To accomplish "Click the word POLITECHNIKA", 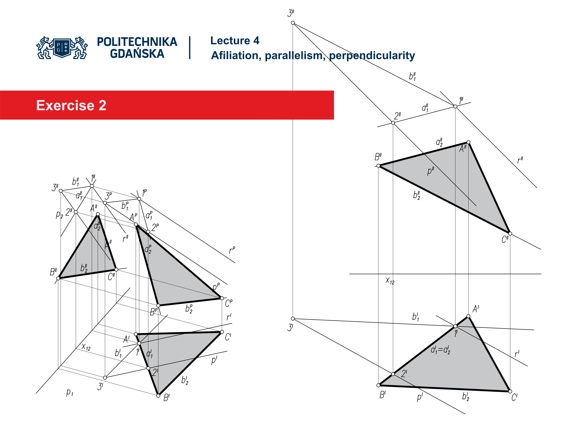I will tap(137, 42).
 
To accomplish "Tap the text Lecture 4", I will tap(235, 41).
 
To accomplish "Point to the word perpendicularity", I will tap(372, 55).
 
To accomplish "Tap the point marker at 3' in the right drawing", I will tap(293, 318).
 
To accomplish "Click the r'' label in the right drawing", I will tap(520, 160).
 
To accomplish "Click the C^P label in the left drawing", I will tap(229, 303).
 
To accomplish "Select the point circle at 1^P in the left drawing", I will tap(139, 199).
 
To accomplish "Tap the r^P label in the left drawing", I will tap(232, 250).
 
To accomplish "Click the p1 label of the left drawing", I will tap(69, 392).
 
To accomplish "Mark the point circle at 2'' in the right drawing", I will tap(393, 123).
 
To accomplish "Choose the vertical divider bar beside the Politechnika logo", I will tap(190, 48).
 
